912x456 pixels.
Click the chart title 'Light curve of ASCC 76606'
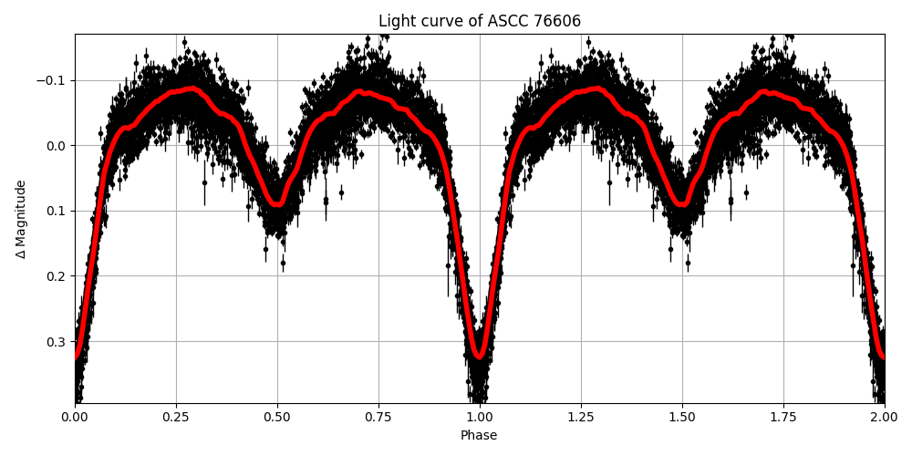click(479, 21)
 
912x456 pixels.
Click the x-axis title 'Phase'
click(479, 436)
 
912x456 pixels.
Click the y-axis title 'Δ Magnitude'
click(21, 219)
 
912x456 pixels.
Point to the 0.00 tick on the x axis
click(75, 416)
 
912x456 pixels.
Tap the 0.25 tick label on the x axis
click(176, 416)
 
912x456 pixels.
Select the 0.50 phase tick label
click(277, 416)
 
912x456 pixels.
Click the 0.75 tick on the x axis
click(378, 416)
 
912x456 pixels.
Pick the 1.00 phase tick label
click(480, 416)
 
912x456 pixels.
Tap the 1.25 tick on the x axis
click(581, 416)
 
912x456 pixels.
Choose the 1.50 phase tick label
click(682, 416)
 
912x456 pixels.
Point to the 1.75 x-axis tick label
click(783, 416)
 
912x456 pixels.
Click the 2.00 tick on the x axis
click(884, 416)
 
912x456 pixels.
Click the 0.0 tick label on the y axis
click(57, 146)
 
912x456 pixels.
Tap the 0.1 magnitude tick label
click(57, 211)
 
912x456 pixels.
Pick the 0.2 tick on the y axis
click(57, 276)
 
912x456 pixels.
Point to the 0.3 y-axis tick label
click(57, 341)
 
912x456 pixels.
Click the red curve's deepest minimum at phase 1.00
click(480, 355)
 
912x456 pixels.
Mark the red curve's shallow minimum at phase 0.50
click(277, 204)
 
